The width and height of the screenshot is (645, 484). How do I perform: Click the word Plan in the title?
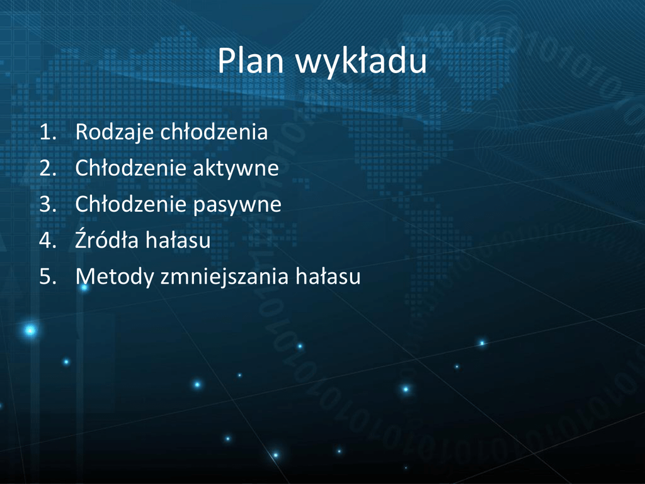pos(251,60)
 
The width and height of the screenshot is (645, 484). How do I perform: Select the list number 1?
pos(48,132)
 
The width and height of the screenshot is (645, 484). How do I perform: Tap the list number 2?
pos(48,168)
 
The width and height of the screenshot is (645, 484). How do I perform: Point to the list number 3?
pos(48,205)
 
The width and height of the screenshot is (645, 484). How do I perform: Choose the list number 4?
pos(48,240)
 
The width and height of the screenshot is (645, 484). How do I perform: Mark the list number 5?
pos(48,277)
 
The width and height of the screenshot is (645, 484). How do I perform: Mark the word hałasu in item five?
pos(328,276)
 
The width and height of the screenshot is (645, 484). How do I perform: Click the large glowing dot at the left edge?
pos(30,330)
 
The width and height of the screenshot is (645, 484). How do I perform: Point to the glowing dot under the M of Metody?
pos(84,287)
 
